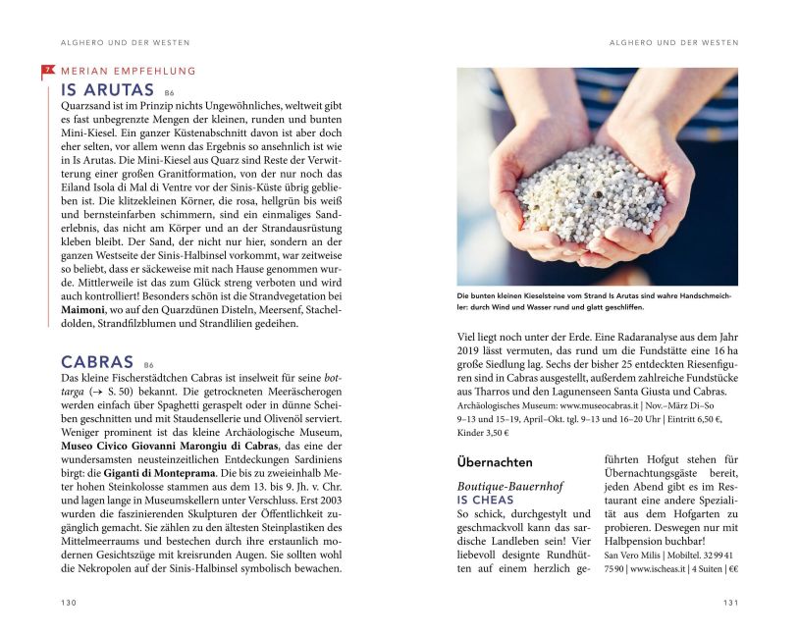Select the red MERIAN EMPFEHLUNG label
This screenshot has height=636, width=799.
(128, 71)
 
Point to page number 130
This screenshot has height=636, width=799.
(68, 603)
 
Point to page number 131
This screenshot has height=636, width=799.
(730, 603)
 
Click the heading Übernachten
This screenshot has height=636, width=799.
(495, 462)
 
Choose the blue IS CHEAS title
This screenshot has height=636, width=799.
(486, 501)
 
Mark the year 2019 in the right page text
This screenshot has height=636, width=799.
(472, 348)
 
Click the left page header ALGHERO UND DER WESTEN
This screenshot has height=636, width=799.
(118, 43)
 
